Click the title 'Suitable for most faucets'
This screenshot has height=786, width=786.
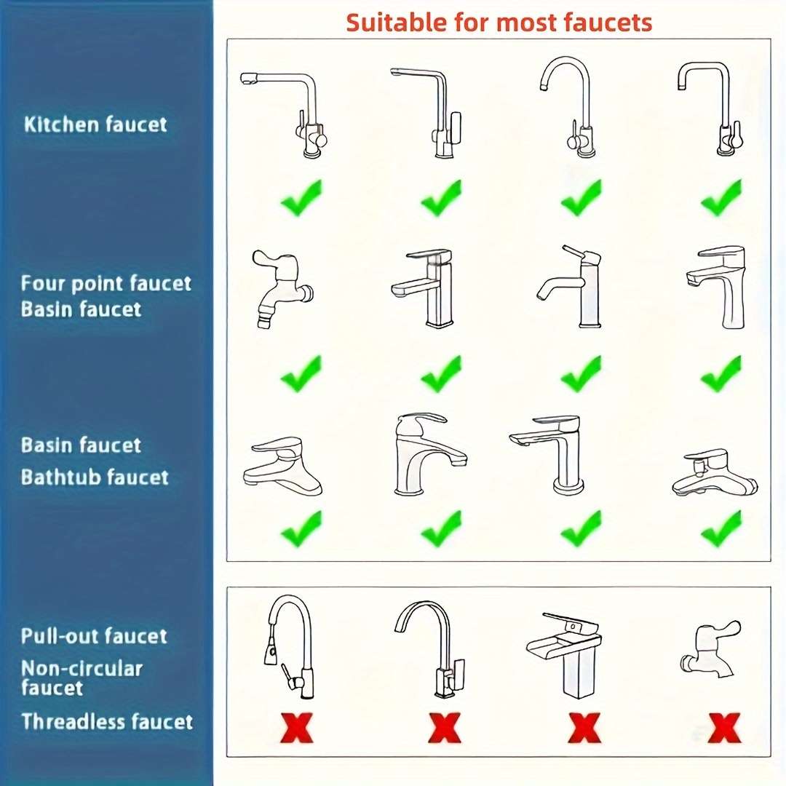tap(499, 23)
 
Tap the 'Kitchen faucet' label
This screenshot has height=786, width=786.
tap(95, 124)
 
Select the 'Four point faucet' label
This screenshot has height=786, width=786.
tap(106, 283)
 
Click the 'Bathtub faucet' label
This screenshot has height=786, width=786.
tap(95, 477)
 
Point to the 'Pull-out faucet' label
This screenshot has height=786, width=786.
tap(94, 636)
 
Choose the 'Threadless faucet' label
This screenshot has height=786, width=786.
tap(107, 722)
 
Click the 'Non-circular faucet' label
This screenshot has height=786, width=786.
tap(82, 678)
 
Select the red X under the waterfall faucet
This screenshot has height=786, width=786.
tap(584, 728)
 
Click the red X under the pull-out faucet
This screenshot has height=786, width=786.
tap(297, 728)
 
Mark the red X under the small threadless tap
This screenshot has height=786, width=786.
tap(724, 728)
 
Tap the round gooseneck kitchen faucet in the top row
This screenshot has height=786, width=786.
tap(567, 106)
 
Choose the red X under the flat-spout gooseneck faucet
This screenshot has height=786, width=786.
tap(444, 728)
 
